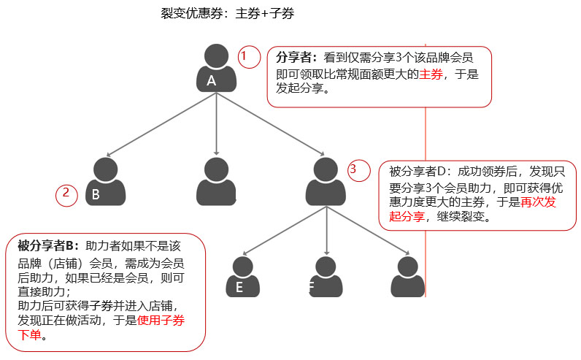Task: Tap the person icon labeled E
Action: (x=244, y=277)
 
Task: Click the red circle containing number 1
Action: (x=250, y=56)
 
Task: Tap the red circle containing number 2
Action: (x=66, y=195)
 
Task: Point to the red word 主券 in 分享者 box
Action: (x=431, y=74)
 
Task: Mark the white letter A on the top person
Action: (x=212, y=80)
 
